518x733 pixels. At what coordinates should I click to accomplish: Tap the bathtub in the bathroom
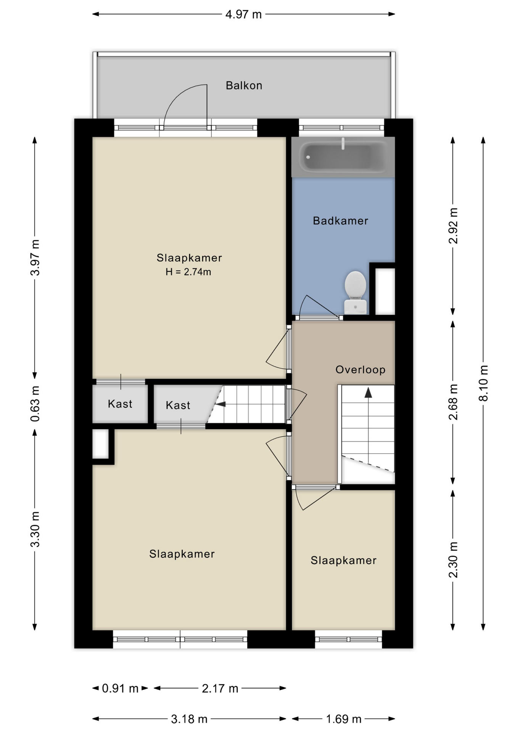point(342,157)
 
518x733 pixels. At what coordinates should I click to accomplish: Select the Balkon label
point(244,86)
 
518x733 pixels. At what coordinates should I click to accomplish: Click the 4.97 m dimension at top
point(243,15)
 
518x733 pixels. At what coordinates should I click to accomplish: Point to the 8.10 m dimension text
point(483,383)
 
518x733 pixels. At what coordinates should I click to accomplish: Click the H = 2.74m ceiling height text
point(188,272)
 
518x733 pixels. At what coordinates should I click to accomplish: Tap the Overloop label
point(360,370)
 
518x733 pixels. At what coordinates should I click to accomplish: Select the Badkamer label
point(340,221)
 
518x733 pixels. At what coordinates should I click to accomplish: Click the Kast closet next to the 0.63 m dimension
point(120,404)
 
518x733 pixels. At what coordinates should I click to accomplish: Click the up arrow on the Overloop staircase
point(368,392)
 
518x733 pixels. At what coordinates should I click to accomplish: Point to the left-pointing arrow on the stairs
point(220,404)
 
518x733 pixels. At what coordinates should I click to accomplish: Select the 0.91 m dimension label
point(120,688)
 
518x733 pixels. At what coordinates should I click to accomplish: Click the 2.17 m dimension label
point(220,688)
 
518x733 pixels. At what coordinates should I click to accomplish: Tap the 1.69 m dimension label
point(343,719)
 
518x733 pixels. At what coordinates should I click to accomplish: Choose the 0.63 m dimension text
point(35,404)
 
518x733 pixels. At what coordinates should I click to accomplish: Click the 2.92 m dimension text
point(453,226)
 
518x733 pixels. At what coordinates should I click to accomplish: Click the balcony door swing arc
point(179,95)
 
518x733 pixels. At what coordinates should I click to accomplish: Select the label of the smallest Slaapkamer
point(343,560)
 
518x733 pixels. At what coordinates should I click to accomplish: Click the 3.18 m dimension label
point(189,719)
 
